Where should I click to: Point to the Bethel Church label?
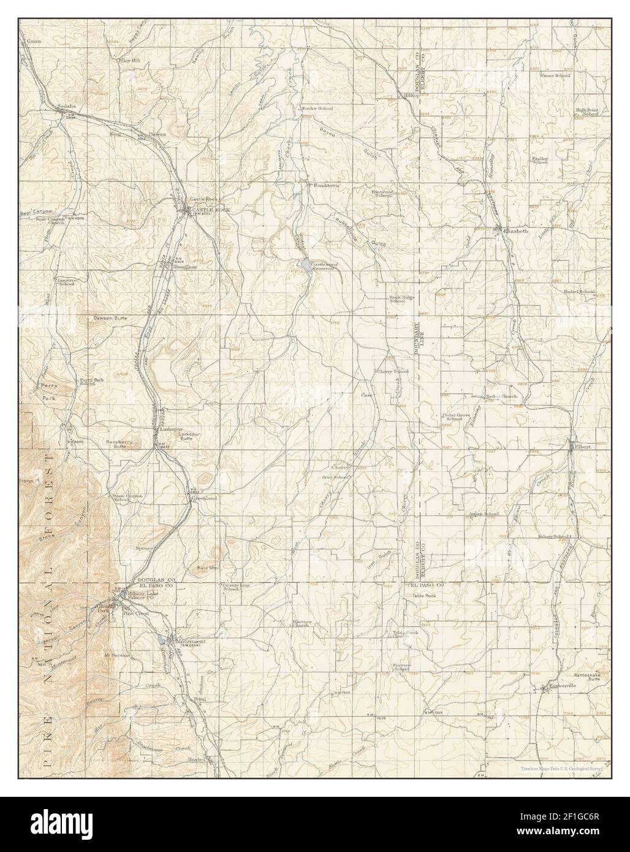502,397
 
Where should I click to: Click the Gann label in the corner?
33,42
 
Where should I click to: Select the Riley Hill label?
129,61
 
